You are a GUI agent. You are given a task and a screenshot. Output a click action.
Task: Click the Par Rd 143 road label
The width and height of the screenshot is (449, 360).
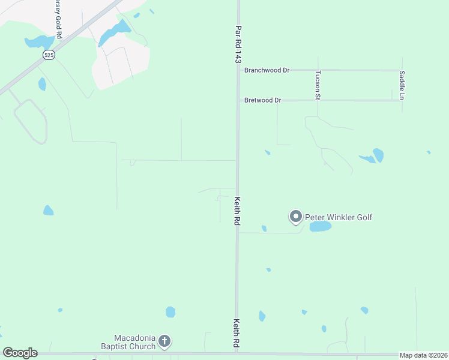238,45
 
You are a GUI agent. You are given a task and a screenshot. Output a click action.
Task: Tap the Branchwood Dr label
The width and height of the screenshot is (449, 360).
267,70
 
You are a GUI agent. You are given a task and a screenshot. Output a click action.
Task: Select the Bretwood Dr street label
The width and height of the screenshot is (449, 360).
263,100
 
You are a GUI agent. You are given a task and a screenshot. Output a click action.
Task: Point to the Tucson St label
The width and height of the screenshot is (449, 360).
318,85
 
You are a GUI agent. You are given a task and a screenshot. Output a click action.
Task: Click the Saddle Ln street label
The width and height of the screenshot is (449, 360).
402,85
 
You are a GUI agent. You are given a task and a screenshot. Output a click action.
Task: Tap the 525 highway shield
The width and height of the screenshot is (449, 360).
47,54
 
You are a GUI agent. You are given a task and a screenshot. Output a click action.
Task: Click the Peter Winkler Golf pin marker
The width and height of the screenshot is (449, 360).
295,216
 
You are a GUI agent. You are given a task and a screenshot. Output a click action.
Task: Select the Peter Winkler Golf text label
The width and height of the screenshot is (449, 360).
339,217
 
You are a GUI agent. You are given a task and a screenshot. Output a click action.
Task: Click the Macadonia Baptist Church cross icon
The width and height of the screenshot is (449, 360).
165,342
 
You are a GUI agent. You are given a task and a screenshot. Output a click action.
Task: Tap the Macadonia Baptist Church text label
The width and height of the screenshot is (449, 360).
135,341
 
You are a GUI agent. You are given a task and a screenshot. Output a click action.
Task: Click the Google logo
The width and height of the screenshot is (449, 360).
20,353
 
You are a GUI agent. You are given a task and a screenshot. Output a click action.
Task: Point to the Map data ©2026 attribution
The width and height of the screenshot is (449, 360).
424,355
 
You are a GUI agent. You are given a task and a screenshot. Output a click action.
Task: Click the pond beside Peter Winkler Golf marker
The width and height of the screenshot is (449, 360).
321,226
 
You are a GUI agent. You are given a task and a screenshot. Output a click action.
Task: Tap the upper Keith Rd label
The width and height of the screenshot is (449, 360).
238,211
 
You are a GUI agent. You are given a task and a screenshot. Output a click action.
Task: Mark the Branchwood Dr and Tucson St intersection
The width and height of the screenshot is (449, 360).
317,70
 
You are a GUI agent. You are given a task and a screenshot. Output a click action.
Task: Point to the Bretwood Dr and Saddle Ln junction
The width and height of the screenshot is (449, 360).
401,100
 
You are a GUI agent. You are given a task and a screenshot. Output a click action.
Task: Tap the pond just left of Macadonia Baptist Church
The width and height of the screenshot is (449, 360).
170,312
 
